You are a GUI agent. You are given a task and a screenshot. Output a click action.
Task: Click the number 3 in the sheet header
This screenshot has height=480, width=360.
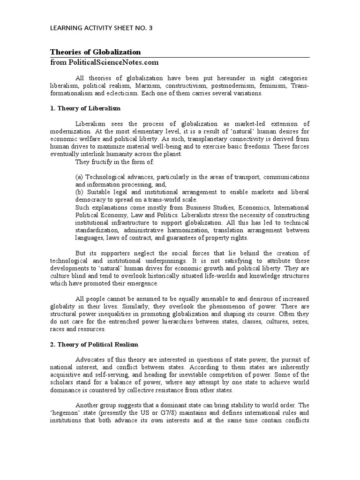tap(150, 28)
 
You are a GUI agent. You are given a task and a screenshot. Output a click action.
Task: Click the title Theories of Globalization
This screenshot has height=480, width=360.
tap(95, 52)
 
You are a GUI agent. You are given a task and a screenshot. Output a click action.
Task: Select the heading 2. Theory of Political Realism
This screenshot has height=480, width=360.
tap(94, 345)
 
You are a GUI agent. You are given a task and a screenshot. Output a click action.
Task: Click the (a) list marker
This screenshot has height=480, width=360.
tap(79, 177)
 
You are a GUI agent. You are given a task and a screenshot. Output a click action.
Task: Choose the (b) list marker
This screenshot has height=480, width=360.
tap(79, 192)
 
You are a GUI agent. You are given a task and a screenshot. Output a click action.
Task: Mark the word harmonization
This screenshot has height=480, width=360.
tap(180, 230)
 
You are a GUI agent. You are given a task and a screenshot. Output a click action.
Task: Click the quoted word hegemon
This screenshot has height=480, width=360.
tap(65, 413)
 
